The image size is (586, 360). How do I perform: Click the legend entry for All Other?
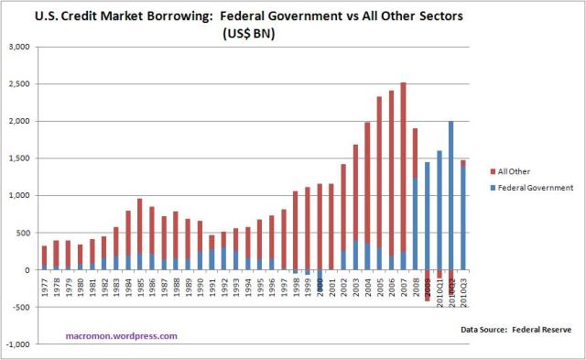click(513, 171)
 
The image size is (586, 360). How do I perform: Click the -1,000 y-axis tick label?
click(19, 344)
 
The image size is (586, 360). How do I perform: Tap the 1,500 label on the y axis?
click(21, 158)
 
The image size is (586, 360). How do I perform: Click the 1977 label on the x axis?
click(45, 286)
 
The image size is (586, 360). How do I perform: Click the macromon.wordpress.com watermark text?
click(121, 335)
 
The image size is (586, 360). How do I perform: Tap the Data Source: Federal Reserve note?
click(515, 327)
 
